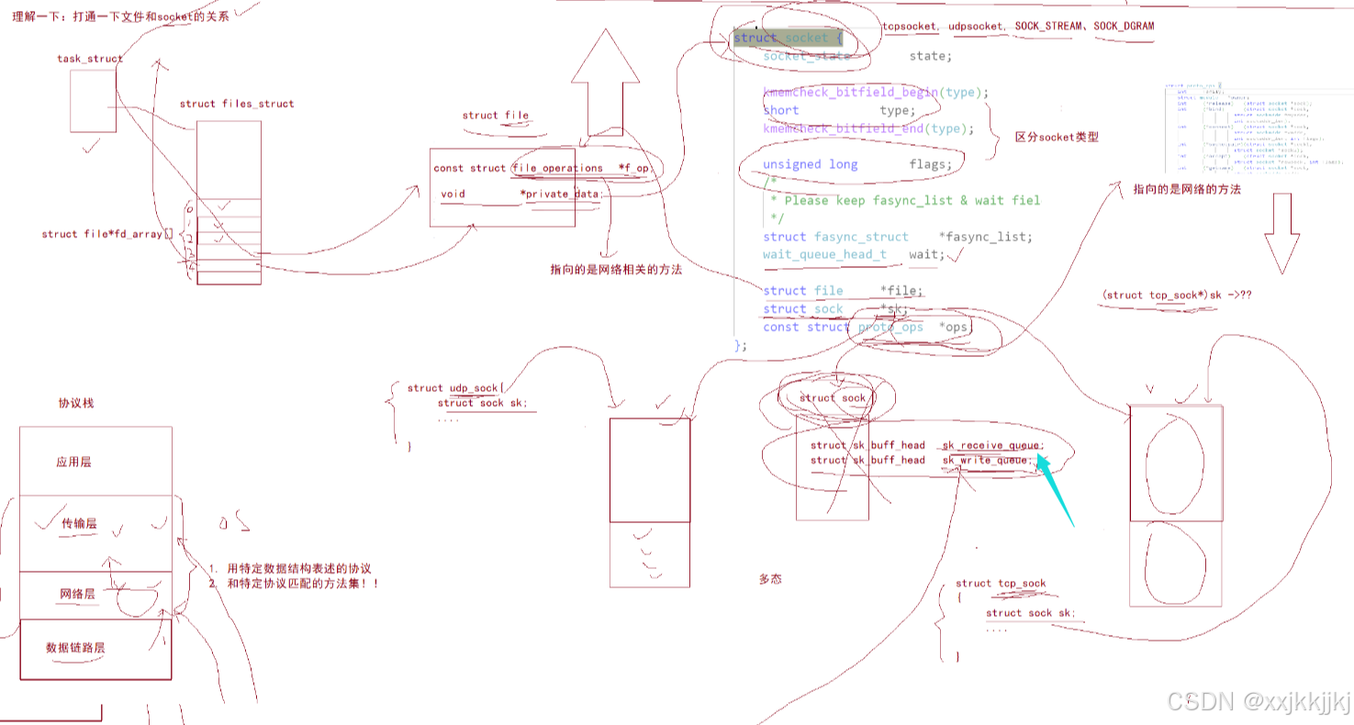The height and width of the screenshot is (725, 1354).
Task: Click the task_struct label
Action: (90, 59)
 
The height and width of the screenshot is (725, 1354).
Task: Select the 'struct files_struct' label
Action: (237, 104)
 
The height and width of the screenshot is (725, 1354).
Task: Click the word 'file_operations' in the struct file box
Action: (558, 168)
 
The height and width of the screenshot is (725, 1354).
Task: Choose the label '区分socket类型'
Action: (1057, 137)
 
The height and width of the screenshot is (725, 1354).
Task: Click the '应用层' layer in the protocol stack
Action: (73, 462)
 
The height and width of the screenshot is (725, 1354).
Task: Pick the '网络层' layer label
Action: (77, 595)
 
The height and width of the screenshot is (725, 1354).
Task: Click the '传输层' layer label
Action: (79, 523)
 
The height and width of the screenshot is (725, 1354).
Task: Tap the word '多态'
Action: (770, 579)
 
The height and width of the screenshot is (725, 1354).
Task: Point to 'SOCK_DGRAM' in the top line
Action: (1124, 26)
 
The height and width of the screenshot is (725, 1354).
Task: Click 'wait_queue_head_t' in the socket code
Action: (824, 254)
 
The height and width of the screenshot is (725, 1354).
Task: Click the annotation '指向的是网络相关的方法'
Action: (616, 269)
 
